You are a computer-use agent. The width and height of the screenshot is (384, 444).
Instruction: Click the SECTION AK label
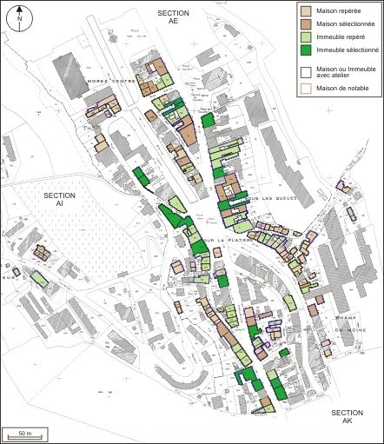pos(347,416)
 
